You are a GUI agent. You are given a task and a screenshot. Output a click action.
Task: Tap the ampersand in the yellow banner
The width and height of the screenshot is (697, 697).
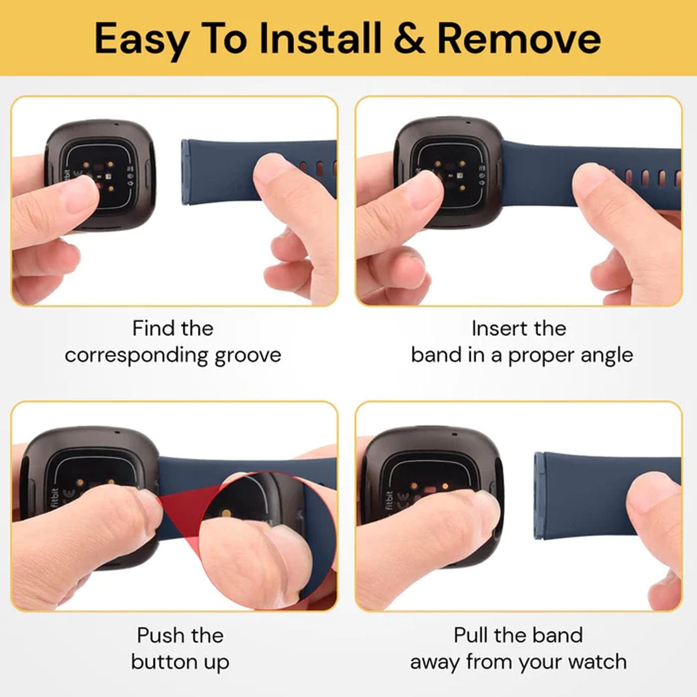[x=409, y=38]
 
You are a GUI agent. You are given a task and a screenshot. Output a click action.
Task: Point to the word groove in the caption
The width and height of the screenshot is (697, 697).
[x=248, y=356]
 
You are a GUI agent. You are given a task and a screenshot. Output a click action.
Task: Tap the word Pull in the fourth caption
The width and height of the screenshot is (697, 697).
[x=470, y=635]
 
